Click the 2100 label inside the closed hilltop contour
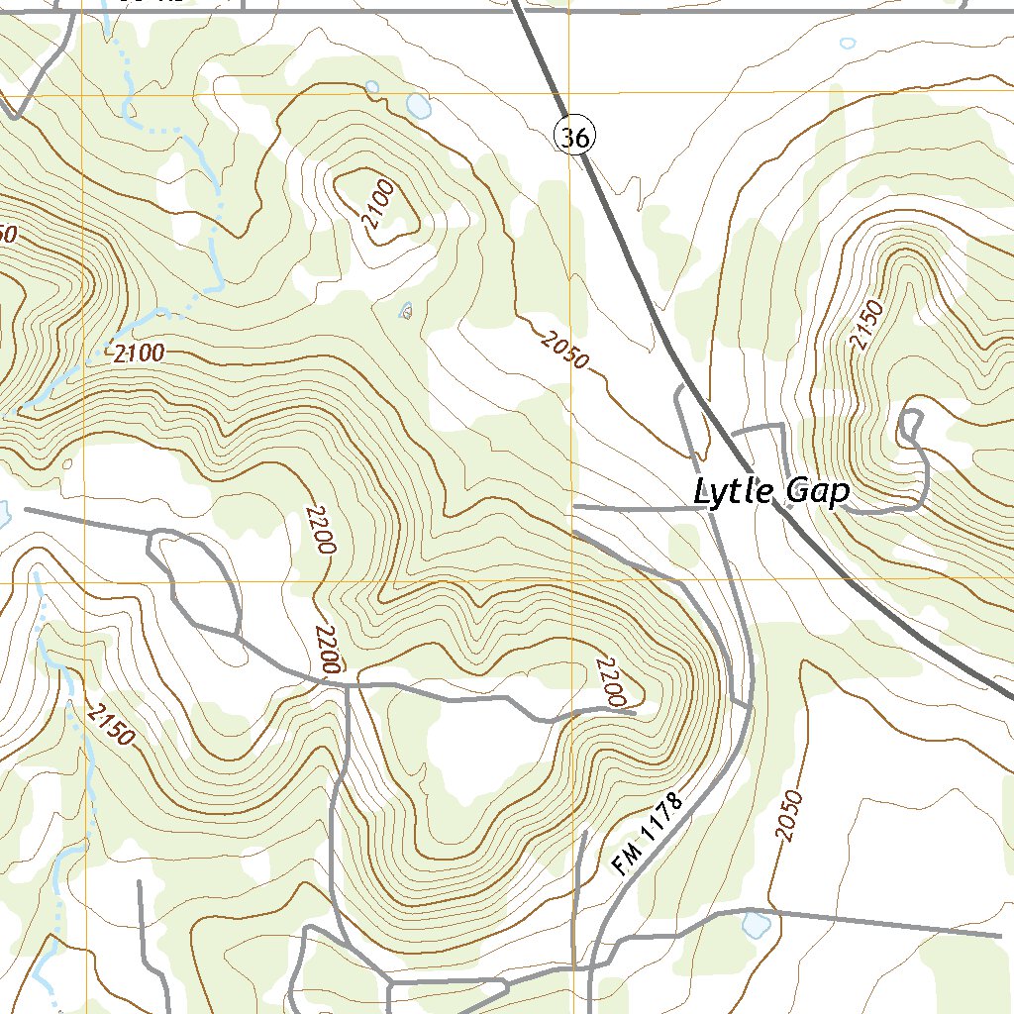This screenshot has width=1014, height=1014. (x=378, y=205)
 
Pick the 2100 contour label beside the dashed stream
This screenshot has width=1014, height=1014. (x=139, y=353)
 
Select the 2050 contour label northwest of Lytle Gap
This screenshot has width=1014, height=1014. (x=565, y=351)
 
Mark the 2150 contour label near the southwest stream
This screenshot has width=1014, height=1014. (x=110, y=724)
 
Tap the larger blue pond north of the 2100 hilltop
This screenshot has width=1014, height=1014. (x=419, y=106)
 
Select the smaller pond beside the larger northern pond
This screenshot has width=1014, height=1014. (x=371, y=87)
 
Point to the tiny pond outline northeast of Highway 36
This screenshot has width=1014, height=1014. (x=847, y=44)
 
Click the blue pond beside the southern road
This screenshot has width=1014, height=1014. (x=757, y=925)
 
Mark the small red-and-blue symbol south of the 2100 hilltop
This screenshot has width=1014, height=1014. (x=405, y=312)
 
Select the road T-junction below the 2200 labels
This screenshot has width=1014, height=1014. (x=349, y=684)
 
